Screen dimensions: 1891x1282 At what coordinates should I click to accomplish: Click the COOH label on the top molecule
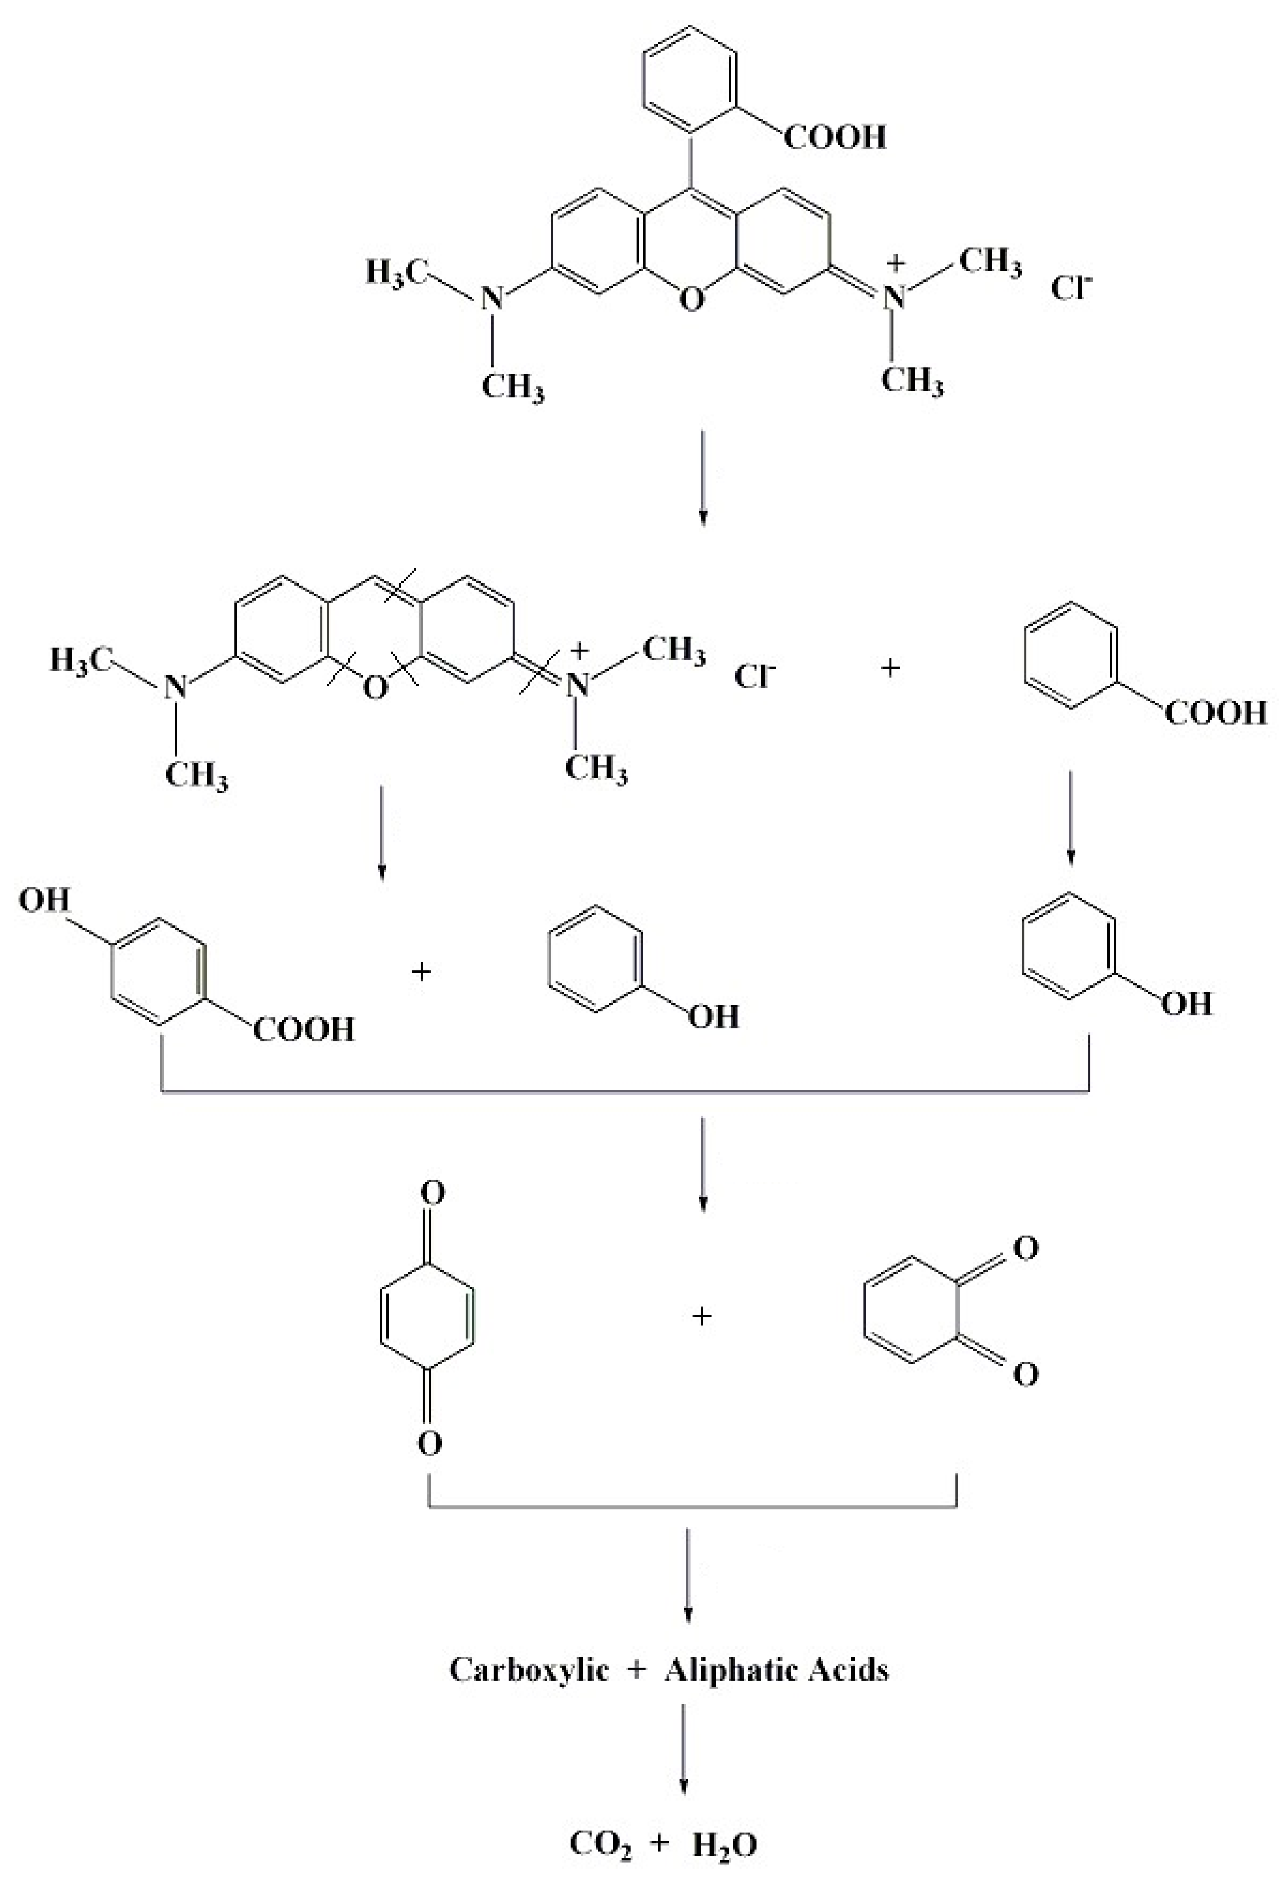[x=835, y=136]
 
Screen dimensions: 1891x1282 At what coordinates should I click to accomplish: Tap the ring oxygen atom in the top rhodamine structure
[x=690, y=301]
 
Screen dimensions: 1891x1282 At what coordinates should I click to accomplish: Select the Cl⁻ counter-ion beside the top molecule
[x=1071, y=286]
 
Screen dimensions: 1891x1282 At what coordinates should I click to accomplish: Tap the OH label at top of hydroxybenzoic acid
[x=45, y=901]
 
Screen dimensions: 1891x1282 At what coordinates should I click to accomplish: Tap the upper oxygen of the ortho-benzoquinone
[x=1026, y=1248]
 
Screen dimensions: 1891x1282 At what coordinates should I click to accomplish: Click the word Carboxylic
[x=528, y=1669]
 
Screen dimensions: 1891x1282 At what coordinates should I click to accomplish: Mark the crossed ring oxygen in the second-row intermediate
[x=374, y=688]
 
